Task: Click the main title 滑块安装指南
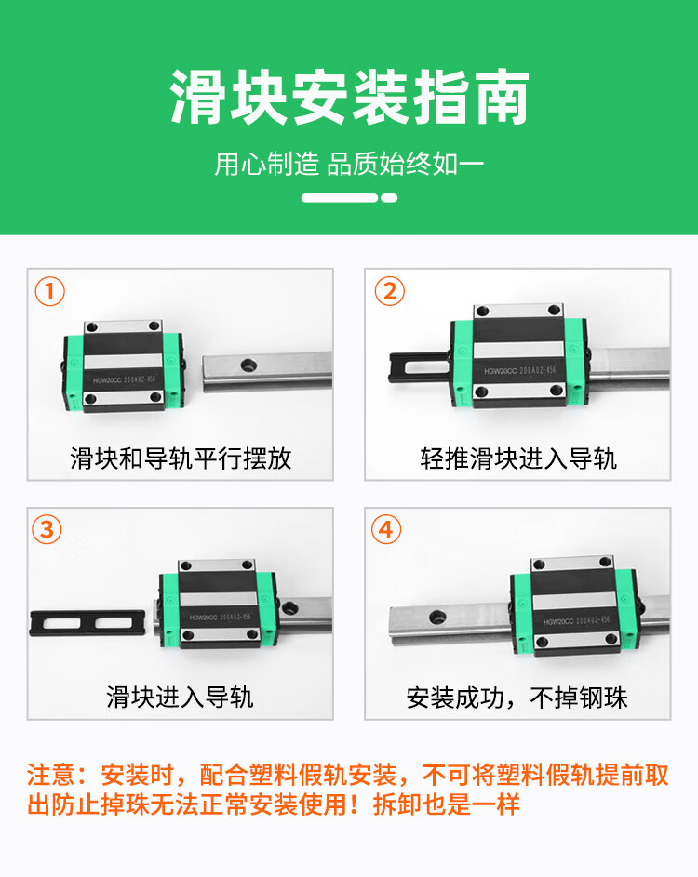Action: pos(349,98)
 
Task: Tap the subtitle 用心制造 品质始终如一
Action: pos(349,165)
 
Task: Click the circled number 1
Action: pos(50,291)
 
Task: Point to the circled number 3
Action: pos(47,529)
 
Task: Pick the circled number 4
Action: pos(386,529)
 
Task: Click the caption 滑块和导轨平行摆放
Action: pos(181,458)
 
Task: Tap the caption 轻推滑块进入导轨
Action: pos(518,458)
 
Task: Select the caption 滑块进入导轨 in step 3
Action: pos(181,698)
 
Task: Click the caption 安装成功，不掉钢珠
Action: pos(517,698)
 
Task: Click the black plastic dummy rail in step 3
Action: pos(87,622)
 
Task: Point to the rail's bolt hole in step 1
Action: pos(248,365)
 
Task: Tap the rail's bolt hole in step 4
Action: pos(437,618)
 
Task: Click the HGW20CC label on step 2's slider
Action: pos(501,371)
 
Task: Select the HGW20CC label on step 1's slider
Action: pos(107,380)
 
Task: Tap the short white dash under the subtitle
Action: pos(389,198)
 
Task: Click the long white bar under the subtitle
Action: pos(340,198)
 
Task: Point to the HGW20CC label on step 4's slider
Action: pos(559,621)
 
